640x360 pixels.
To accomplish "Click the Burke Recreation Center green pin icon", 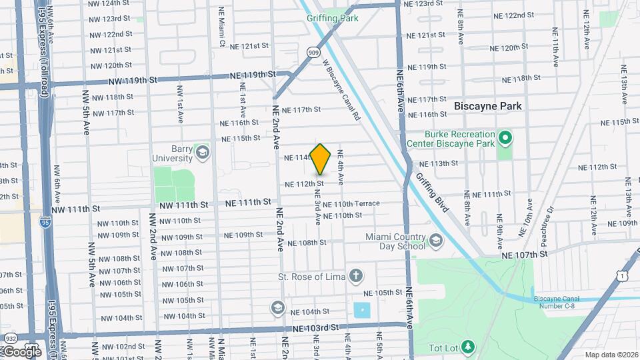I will pos(505,139).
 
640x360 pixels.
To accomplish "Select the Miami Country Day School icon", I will pos(435,240).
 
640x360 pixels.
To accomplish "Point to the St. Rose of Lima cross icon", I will pos(357,275).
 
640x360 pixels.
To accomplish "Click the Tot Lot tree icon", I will pos(469,346).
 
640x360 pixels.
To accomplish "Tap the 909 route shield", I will pos(313,51).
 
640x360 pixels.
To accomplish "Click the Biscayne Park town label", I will pos(487,106).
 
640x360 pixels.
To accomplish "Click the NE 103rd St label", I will pos(316,328).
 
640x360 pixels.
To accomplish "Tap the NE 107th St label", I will pos(524,254).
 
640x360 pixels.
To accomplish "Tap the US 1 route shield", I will pos(621,275).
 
